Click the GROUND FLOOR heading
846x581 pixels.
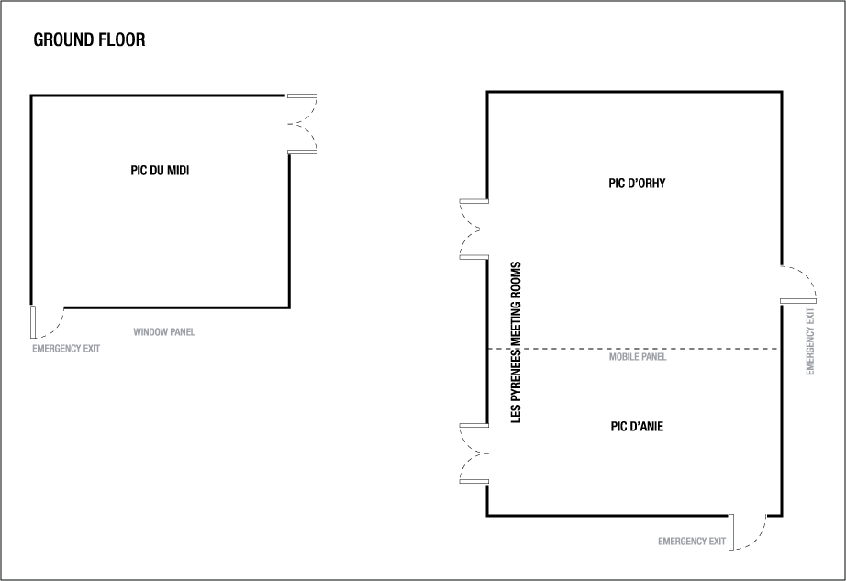tap(89, 40)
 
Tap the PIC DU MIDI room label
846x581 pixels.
tap(160, 170)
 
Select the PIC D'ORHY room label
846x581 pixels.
tap(636, 183)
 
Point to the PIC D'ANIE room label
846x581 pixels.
tap(637, 426)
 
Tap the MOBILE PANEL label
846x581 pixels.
tap(638, 357)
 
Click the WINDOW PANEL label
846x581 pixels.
tap(164, 332)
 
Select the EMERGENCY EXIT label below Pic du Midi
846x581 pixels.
tap(66, 349)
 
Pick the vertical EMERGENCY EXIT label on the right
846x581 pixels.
tap(810, 341)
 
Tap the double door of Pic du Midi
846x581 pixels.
tap(303, 123)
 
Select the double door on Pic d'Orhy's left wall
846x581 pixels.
tap(473, 229)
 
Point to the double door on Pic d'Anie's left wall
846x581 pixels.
tap(473, 453)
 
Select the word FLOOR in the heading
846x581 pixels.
tap(121, 40)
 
